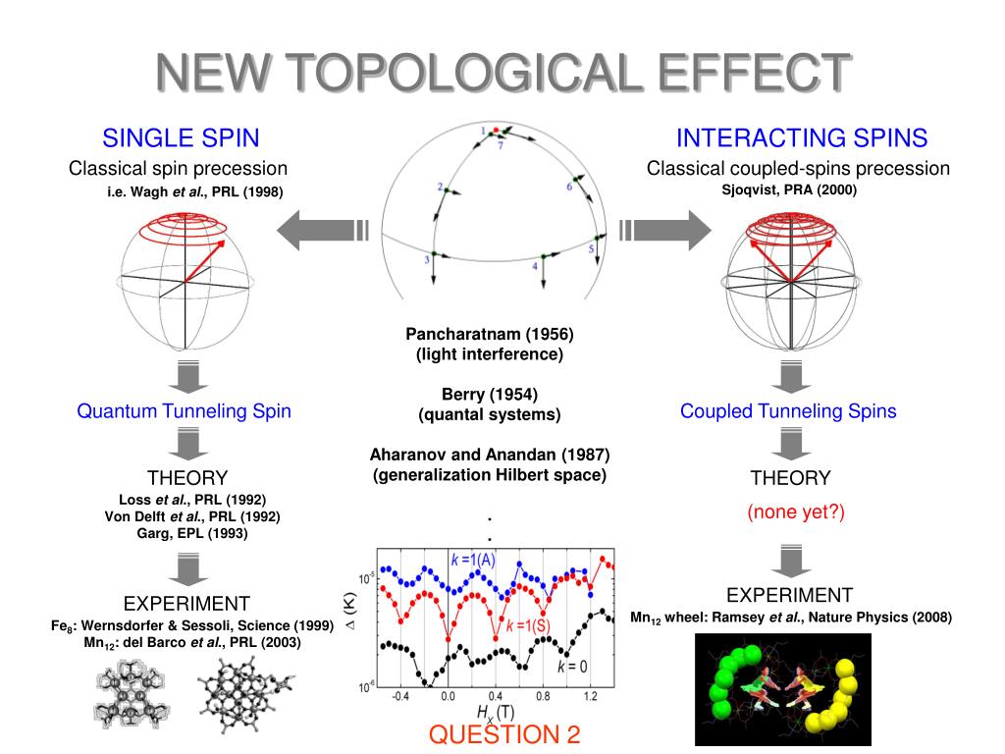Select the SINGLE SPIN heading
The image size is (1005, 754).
[182, 137]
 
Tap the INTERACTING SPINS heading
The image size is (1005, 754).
[802, 137]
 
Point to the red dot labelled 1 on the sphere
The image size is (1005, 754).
[497, 131]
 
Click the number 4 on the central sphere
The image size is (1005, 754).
[535, 266]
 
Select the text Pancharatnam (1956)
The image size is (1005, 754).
[490, 333]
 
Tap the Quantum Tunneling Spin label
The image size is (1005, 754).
[185, 411]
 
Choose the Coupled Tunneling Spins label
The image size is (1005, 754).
[788, 411]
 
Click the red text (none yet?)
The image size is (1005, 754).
[796, 512]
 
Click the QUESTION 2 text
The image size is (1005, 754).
[504, 734]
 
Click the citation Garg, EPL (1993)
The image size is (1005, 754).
[192, 533]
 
